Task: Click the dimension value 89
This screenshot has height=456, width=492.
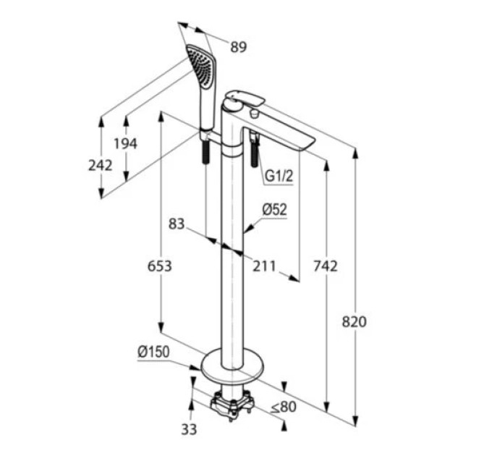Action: coord(239,47)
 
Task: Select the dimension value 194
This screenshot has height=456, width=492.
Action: coord(125,143)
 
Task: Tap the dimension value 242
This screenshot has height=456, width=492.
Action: coord(100,165)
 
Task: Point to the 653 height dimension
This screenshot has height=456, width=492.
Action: coord(160,266)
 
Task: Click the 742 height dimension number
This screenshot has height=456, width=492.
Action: coord(326,266)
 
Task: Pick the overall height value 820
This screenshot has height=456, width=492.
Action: coord(354,321)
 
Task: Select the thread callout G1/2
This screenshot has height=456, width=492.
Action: coord(279,176)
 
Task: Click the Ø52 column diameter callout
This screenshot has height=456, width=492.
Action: coord(274,209)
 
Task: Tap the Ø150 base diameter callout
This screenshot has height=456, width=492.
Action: coord(153,352)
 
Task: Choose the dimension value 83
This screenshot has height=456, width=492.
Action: coord(177,224)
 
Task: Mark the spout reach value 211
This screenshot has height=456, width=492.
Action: coord(264,266)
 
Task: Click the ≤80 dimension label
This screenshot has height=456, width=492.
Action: coord(284,407)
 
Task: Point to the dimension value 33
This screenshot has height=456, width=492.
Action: coord(189,429)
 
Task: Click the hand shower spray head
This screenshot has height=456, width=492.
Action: coord(201,64)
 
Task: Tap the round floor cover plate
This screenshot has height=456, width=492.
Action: coord(232,363)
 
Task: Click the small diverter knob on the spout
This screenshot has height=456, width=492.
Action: coord(254,114)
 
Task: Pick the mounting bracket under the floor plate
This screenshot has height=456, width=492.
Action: coord(232,405)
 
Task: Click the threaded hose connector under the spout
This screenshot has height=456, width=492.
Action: coord(254,149)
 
